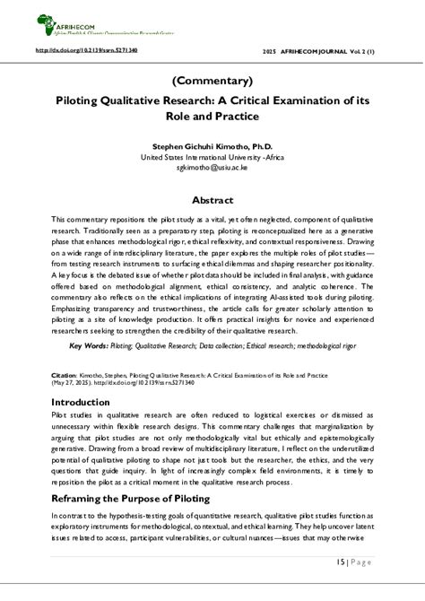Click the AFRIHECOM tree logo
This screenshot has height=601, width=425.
pyautogui.click(x=45, y=21)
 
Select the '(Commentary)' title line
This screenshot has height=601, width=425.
pyautogui.click(x=212, y=81)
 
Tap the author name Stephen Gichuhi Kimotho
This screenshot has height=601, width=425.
pyautogui.click(x=212, y=146)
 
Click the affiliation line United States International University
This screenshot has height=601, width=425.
pyautogui.click(x=212, y=157)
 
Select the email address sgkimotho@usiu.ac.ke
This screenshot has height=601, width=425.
pyautogui.click(x=212, y=168)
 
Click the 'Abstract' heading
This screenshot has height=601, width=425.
pyautogui.click(x=212, y=200)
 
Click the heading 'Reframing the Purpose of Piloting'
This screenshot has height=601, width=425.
pyautogui.click(x=130, y=498)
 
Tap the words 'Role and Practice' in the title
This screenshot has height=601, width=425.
pyautogui.click(x=212, y=117)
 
